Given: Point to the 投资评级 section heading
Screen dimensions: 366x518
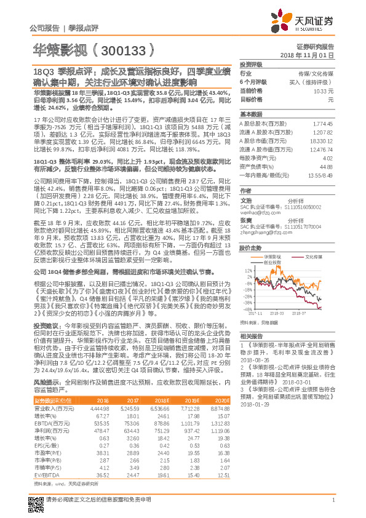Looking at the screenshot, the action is (251, 64).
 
